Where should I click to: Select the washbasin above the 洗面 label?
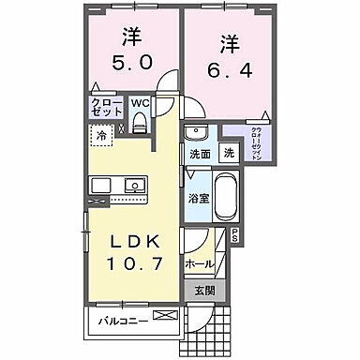tap(195, 131)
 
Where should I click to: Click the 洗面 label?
tap(199, 153)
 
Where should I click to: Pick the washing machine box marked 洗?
tap(229, 152)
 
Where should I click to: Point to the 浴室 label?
tap(197, 199)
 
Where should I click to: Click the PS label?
tap(234, 234)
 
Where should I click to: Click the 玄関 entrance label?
tap(204, 291)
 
